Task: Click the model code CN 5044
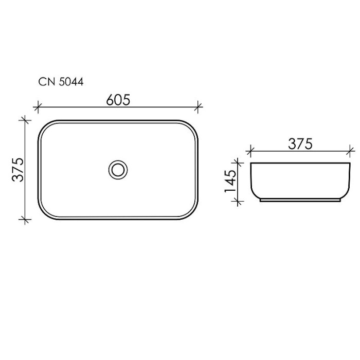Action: click(61, 81)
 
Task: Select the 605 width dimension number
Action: click(118, 100)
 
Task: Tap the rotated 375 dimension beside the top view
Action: click(19, 169)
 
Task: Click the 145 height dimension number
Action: click(230, 181)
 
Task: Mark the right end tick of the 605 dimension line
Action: click(200, 108)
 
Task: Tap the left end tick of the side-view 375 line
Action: click(250, 151)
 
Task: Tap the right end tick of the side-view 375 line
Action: click(351, 151)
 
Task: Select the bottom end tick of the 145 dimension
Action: click(238, 201)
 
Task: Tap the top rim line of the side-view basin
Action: click(300, 163)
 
